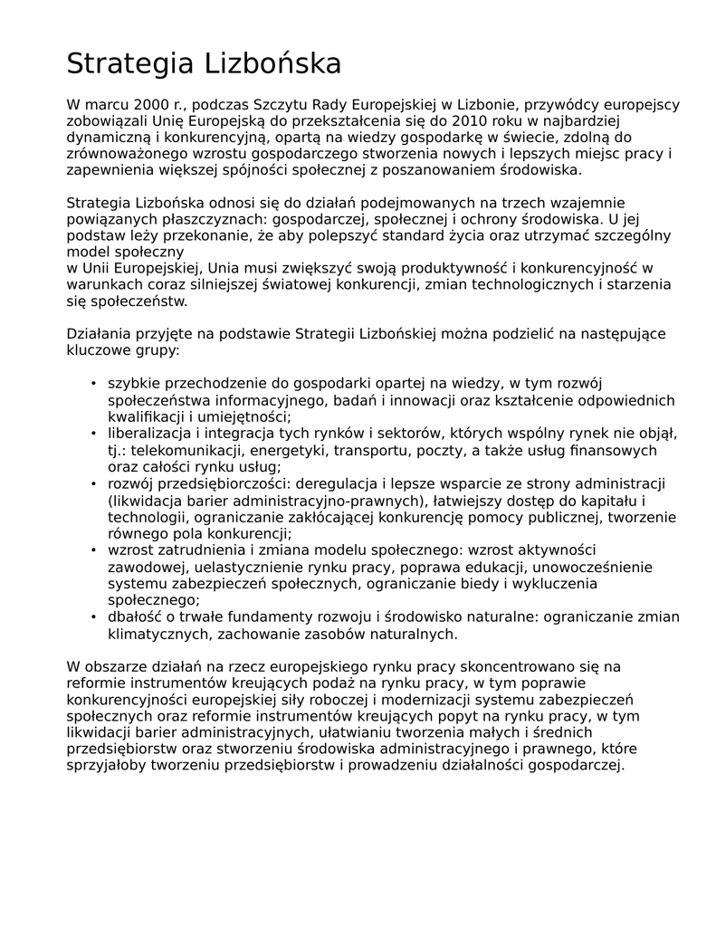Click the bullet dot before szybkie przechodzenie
coord(93,384)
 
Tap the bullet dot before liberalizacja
coord(93,434)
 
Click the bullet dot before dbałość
coord(93,616)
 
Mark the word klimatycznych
coord(158,633)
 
